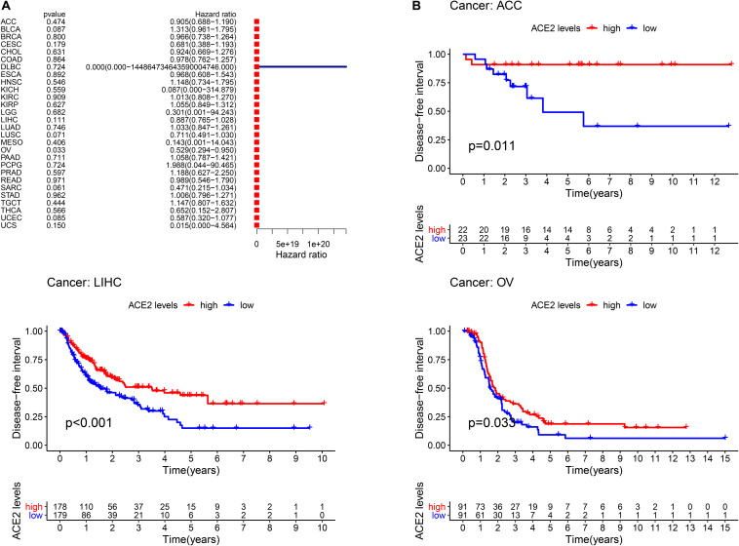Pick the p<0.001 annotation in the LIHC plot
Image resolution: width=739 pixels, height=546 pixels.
[x=89, y=425]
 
